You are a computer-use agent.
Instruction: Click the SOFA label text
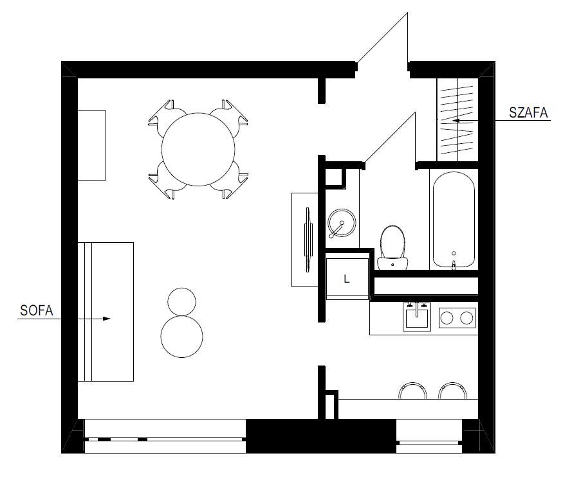[x=35, y=311]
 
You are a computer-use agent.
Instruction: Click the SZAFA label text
[x=528, y=113]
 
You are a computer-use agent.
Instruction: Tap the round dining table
[x=198, y=150]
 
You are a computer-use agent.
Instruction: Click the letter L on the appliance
[x=347, y=279]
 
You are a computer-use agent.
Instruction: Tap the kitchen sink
[x=417, y=317]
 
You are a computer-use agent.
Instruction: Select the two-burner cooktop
[x=457, y=317]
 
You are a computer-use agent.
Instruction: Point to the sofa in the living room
[x=106, y=312]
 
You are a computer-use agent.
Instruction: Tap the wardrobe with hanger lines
[x=458, y=119]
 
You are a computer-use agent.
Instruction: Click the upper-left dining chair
[x=163, y=114]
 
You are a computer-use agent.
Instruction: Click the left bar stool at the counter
[x=413, y=391]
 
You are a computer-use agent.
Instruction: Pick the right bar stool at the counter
[x=453, y=391]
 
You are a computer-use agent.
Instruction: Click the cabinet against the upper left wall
[x=91, y=145]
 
